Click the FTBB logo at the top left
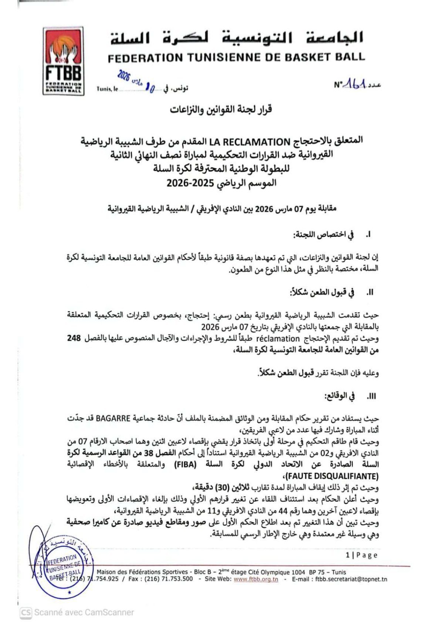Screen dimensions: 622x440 point(63,61)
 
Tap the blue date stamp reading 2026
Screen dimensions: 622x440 point(124,76)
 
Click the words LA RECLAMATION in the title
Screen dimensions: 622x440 point(250,142)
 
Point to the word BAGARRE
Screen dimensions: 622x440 point(113,419)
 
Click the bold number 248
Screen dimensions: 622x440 point(74,338)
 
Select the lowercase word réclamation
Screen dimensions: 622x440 point(278,339)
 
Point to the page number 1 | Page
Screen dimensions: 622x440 point(361,555)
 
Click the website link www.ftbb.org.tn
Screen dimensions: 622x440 point(256,579)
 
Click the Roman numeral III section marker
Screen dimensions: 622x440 point(371,397)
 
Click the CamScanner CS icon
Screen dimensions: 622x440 point(26,612)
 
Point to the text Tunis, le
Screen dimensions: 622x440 point(107,89)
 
